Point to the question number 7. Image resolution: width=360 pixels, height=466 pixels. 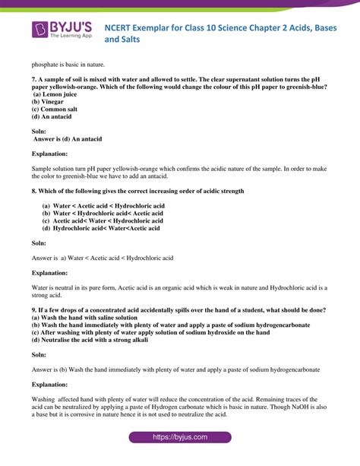tap(34, 78)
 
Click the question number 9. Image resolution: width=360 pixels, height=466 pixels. tap(34, 310)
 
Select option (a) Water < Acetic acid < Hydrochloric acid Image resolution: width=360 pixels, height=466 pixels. tap(103, 206)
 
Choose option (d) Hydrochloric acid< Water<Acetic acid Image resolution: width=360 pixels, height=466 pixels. tap(101, 228)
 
